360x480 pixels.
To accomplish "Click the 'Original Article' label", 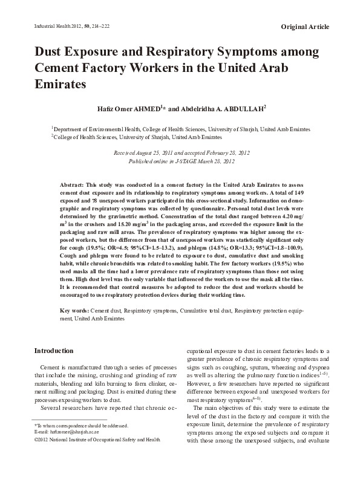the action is [306, 27].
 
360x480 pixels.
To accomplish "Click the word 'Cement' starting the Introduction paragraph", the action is [50, 368].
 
